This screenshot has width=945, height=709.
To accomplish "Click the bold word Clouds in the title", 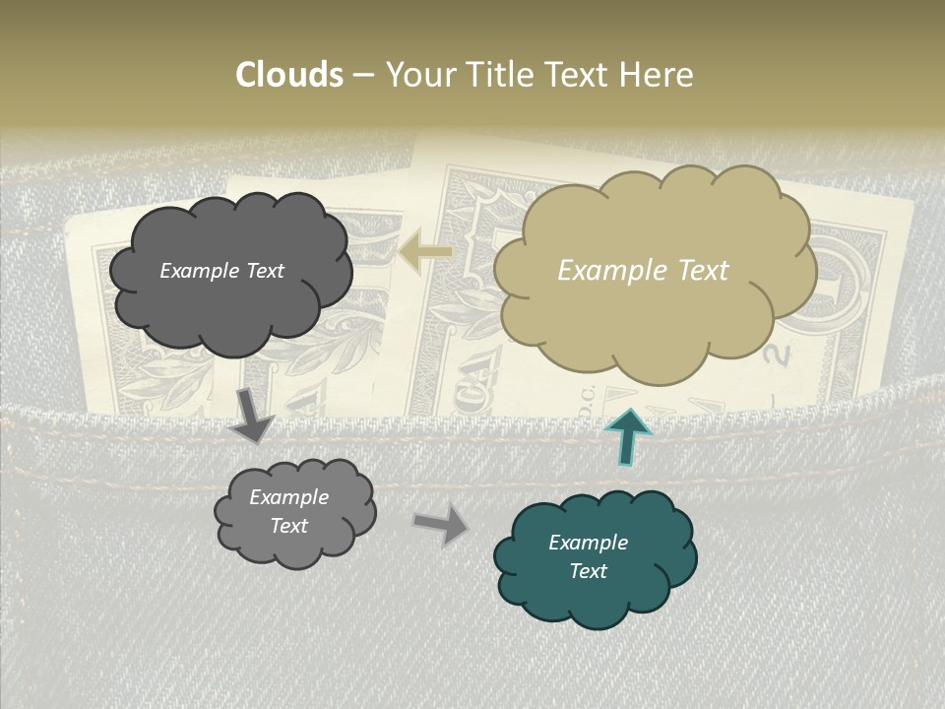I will pos(289,75).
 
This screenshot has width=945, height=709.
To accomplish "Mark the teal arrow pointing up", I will pos(626,436).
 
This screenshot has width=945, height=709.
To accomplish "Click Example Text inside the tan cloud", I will pos(643,271).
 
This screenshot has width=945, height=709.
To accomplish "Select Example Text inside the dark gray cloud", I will pos(221,271).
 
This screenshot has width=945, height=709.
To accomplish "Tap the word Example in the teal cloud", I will pos(588,543).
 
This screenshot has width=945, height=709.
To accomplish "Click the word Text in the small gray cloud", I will pos(288,526).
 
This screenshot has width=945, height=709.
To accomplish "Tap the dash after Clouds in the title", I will pos(363,75).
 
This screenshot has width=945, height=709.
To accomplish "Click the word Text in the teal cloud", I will pos(588,571).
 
